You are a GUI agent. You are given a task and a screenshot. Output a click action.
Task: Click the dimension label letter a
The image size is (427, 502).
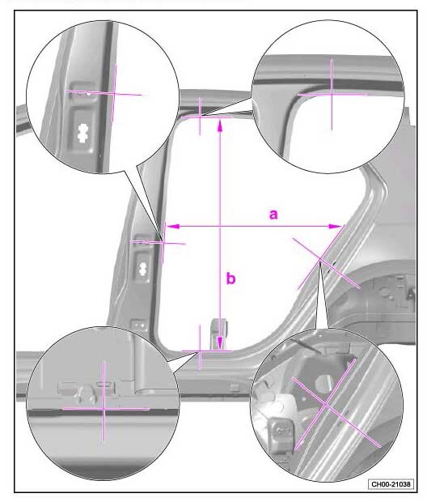[273, 215]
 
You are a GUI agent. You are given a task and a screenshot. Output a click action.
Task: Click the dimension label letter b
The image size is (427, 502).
[230, 278]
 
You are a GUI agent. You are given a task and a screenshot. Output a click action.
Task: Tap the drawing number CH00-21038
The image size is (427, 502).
[391, 483]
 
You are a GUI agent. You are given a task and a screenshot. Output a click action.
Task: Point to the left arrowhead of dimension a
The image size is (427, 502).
[172, 227]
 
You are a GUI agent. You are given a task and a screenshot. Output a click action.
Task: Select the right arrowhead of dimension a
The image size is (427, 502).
[335, 227]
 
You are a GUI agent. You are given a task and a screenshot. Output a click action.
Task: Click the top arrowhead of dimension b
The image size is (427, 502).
[220, 125]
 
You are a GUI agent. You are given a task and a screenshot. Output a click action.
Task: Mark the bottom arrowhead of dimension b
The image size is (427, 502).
[220, 342]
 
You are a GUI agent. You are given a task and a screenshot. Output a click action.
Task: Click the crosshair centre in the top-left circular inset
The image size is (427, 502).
[114, 93]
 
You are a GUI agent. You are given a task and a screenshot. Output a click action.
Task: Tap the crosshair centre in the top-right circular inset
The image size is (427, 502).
[332, 95]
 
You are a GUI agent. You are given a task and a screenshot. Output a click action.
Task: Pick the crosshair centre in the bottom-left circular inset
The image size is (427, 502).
[104, 409]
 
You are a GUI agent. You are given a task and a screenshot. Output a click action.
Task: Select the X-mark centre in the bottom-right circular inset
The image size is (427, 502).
[325, 404]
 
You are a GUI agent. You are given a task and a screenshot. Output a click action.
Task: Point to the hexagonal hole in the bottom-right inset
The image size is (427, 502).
[323, 383]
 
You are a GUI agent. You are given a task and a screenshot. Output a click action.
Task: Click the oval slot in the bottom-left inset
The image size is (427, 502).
[104, 383]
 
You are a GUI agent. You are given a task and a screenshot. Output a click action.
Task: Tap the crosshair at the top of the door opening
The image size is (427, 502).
[201, 117]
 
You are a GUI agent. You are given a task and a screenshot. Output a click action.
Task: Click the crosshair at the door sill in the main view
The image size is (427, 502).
[201, 351]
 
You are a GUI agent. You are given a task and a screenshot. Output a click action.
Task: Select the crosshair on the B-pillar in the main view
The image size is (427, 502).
[163, 243]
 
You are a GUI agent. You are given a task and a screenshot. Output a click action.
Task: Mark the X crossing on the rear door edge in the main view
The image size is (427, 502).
[320, 258]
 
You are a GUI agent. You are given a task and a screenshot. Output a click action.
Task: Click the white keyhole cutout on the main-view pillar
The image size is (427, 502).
[143, 268]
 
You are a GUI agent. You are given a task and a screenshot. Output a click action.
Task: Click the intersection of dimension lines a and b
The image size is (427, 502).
[220, 227]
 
